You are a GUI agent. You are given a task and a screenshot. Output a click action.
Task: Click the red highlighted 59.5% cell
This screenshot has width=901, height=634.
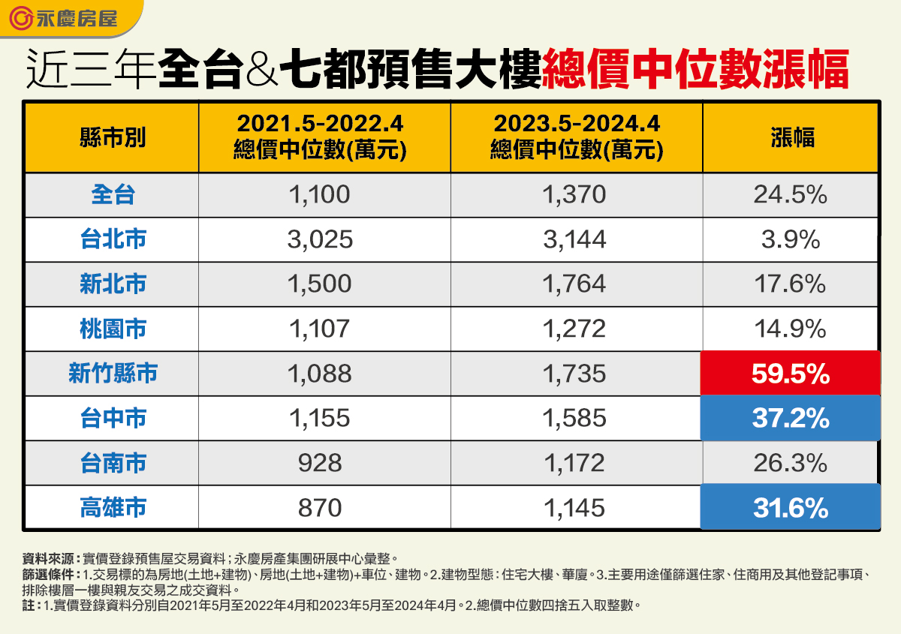pos(790,374)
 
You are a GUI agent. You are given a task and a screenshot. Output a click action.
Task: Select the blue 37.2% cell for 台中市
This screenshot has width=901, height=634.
pos(790,418)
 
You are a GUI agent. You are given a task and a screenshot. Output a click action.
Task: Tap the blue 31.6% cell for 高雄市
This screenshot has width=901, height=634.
pos(790,508)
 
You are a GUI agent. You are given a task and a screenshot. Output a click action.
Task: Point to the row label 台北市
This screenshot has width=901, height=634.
pos(113,239)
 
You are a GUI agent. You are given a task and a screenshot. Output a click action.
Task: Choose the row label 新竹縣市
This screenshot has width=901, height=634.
pos(113,374)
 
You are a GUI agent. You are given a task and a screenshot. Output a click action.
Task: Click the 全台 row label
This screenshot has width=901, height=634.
pos(113,195)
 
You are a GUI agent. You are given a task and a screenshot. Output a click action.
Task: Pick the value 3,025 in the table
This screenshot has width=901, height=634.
pos(320,239)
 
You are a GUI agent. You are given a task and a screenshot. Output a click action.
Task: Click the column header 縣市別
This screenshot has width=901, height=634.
pos(113,138)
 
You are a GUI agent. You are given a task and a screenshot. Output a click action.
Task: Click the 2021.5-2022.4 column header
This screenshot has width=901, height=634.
pos(321,137)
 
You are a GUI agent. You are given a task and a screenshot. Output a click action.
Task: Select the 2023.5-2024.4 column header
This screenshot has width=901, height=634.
pos(577,137)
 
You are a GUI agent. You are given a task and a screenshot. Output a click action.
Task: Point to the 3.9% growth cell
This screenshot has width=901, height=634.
pos(790,239)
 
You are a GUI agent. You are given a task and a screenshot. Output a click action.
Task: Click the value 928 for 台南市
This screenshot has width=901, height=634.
pos(320,463)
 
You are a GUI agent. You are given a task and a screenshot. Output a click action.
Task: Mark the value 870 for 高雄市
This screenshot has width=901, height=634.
pos(320,508)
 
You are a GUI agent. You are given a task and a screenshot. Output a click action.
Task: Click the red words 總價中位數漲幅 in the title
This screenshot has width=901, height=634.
pos(695,71)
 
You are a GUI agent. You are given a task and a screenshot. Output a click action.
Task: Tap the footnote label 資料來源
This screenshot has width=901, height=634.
pos(50,558)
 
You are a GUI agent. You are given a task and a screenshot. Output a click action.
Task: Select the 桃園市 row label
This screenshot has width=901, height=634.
pos(113,329)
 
